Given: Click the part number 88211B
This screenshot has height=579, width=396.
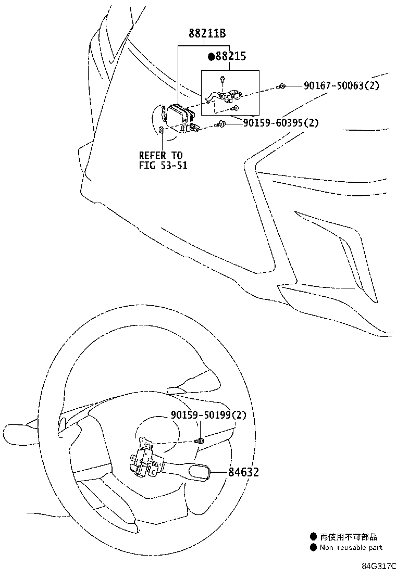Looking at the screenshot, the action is (207, 34).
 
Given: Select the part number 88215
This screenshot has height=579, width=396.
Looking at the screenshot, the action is (231, 56).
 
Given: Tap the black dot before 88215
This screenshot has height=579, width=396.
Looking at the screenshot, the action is (212, 57).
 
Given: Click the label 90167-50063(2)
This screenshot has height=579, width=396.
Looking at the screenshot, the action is (341, 86).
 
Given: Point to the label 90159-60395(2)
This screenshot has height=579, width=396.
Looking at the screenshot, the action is (281, 122).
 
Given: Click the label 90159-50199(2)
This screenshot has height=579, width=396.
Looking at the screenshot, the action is (208, 414).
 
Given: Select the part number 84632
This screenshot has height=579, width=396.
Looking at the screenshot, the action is (243, 472).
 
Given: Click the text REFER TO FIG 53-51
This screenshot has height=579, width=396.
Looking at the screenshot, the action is (163, 160).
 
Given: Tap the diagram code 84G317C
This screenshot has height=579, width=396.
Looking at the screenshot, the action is (379, 567).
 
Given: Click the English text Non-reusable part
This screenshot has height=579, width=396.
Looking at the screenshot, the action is (351, 548).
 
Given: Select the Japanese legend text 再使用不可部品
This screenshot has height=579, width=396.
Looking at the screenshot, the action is (349, 537).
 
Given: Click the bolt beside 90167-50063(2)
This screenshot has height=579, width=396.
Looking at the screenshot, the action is (280, 86).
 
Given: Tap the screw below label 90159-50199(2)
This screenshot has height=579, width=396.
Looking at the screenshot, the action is (200, 440).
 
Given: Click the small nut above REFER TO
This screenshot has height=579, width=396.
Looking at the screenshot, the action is (162, 130).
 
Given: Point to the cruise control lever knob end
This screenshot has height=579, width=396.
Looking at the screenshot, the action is (199, 473).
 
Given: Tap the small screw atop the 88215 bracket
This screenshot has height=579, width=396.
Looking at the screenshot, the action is (222, 79).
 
